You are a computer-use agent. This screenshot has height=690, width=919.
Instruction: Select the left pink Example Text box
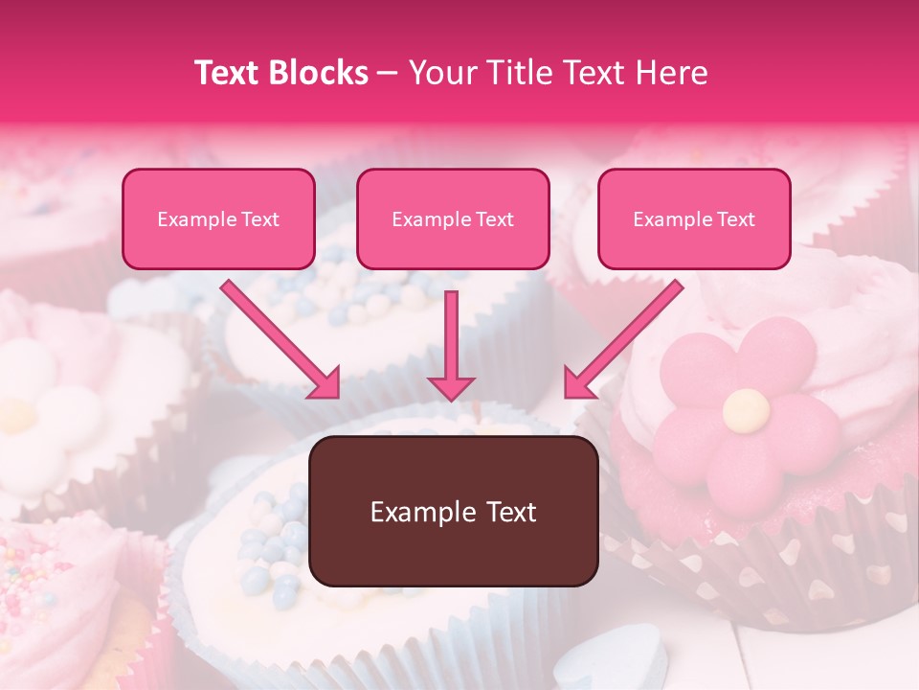pyautogui.click(x=218, y=219)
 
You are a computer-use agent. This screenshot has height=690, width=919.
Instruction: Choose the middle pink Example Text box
pyautogui.click(x=453, y=219)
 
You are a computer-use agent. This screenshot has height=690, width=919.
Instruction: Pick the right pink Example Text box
pyautogui.click(x=694, y=219)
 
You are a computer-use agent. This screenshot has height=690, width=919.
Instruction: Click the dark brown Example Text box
pyautogui.click(x=454, y=512)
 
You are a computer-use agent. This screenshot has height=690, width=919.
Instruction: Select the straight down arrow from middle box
pyautogui.click(x=451, y=345)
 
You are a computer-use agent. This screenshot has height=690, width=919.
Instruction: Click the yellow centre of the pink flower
pyautogui.click(x=746, y=410)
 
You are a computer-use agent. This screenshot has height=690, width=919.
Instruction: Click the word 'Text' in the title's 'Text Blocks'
pyautogui.click(x=226, y=73)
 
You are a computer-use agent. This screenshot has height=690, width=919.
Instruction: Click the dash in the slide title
pyautogui.click(x=388, y=74)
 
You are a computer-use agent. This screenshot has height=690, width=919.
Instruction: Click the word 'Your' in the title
pyautogui.click(x=440, y=73)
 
